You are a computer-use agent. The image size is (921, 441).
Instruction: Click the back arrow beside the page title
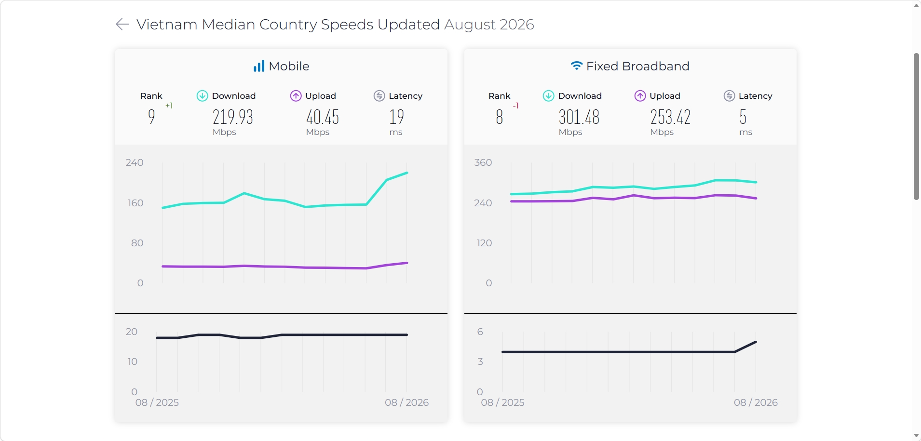[x=122, y=24]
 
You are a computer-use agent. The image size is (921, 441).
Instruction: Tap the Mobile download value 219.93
[x=233, y=117]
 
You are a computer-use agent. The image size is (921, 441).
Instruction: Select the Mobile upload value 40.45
[x=323, y=117]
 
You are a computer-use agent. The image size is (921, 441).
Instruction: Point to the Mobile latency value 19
[x=397, y=117]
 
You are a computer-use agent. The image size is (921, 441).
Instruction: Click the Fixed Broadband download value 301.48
[x=579, y=117]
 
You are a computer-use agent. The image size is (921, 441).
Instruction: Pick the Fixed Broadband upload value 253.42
[x=671, y=117]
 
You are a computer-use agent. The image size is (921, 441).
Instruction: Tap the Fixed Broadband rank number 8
[x=500, y=117]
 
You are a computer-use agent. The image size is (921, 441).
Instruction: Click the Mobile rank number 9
[x=151, y=117]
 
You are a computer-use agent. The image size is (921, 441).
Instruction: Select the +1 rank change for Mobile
[x=169, y=106]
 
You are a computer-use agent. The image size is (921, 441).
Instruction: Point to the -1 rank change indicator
[x=516, y=106]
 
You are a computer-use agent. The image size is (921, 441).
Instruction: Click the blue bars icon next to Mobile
[x=259, y=66]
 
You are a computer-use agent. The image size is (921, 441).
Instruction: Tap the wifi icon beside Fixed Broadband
[x=577, y=66]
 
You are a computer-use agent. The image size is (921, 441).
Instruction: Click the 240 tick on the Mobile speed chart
[x=135, y=162]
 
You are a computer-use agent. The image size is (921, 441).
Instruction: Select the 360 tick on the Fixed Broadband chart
[x=483, y=162]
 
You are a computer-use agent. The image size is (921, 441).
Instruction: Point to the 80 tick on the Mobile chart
[x=137, y=243]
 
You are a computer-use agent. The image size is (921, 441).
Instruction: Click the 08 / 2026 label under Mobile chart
[x=407, y=402]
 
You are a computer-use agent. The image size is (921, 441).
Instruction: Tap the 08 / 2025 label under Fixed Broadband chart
[x=502, y=402]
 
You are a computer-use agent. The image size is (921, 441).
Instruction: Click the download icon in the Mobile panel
[x=203, y=96]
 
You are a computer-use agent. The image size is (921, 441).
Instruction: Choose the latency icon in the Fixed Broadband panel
[x=730, y=96]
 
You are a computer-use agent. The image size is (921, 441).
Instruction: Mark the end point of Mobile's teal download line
[x=407, y=173]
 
